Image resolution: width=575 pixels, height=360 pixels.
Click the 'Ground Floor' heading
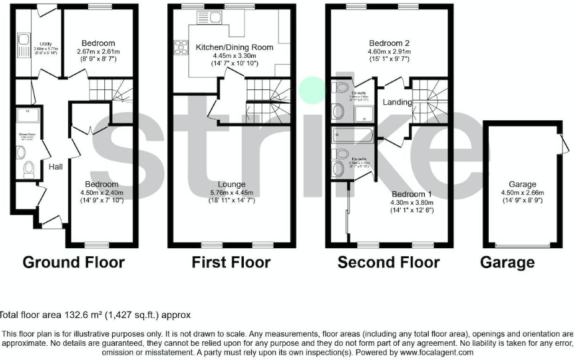coord(73,263)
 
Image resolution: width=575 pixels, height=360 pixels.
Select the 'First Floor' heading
coord(231,263)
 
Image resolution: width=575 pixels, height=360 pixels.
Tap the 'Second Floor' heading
coord(388,263)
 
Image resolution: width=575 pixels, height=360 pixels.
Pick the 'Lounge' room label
coord(231,184)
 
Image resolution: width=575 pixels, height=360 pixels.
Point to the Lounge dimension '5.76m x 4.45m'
coord(231,192)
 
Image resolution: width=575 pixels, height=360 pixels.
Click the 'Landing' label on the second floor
coord(397,102)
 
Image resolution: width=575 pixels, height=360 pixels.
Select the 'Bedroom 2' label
coord(389,43)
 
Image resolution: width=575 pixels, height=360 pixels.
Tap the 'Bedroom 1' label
coord(412,194)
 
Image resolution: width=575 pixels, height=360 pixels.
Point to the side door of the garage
coord(564,144)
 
